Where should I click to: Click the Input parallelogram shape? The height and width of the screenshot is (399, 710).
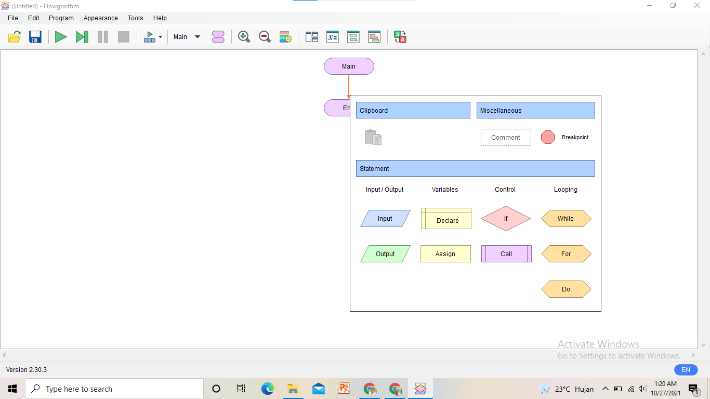tap(385, 219)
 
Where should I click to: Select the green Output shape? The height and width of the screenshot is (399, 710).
tap(385, 254)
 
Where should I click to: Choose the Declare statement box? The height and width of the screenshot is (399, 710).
tap(446, 219)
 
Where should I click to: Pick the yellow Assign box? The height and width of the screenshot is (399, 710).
tap(445, 254)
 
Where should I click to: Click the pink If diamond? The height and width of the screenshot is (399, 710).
tap(506, 219)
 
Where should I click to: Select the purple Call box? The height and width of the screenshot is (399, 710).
tap(506, 254)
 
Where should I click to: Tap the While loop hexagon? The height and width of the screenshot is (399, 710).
tap(566, 219)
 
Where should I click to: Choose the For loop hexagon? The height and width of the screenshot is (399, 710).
tap(566, 254)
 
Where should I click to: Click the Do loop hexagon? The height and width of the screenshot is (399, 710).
tap(566, 289)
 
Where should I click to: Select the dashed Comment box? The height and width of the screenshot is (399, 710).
tap(506, 138)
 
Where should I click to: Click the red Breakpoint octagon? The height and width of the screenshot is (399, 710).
tap(548, 137)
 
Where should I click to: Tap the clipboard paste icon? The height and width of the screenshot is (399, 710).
tap(373, 137)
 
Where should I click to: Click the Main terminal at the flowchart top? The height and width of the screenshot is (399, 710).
tap(349, 66)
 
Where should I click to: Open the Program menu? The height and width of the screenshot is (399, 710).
tap(61, 18)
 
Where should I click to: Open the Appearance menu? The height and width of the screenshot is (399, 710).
tap(101, 18)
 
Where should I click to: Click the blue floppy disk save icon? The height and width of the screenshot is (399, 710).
tap(35, 37)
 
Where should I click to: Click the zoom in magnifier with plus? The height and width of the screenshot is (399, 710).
tap(244, 37)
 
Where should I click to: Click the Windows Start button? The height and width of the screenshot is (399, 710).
tap(12, 389)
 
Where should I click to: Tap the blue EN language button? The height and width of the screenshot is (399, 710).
tap(686, 370)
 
